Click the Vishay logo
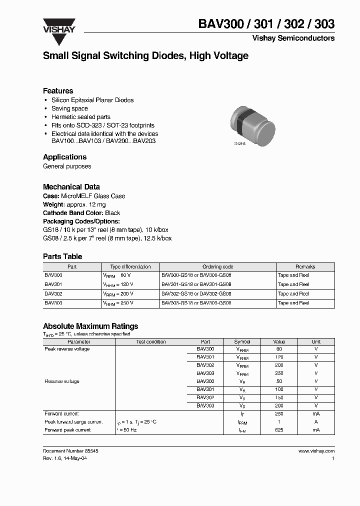tap(59, 26)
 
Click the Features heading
tap(58, 91)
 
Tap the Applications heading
tap(64, 157)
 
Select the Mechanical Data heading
tap(71, 187)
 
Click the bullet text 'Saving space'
tap(69, 108)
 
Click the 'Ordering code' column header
tap(218, 267)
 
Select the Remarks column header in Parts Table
tap(305, 267)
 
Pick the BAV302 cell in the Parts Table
tap(53, 294)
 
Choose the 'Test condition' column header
tap(151, 342)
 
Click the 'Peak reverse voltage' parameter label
tap(67, 349)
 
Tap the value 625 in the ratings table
tap(279, 430)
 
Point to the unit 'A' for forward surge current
tap(316, 422)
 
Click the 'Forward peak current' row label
tap(67, 430)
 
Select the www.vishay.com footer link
tap(316, 451)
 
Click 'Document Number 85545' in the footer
tap(70, 451)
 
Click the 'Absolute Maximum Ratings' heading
tap(90, 326)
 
